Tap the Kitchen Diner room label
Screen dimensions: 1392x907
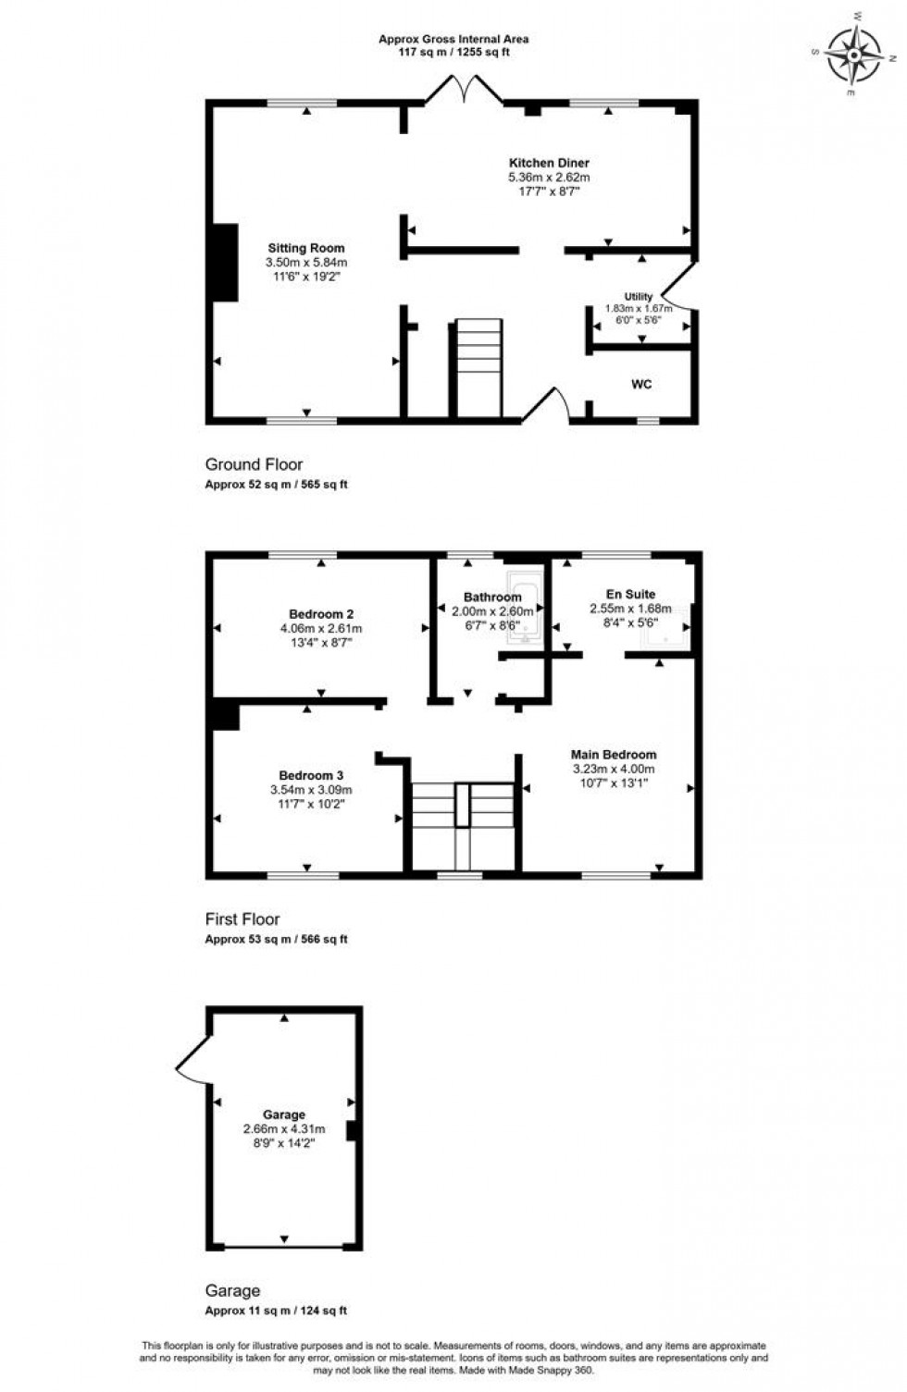point(548,163)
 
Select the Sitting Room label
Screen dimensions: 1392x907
point(305,248)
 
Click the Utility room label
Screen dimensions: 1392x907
point(639,297)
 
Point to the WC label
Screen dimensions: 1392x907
point(641,384)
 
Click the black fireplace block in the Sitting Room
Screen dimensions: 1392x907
point(226,263)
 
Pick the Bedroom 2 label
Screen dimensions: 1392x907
point(321,614)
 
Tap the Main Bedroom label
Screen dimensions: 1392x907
point(613,755)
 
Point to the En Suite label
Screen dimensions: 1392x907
point(630,595)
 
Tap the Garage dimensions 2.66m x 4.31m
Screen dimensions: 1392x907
point(283,1129)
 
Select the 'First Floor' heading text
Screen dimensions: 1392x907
point(242,919)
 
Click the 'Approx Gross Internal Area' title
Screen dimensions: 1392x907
point(453,39)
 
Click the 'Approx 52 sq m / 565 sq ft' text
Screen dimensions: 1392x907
point(276,485)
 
